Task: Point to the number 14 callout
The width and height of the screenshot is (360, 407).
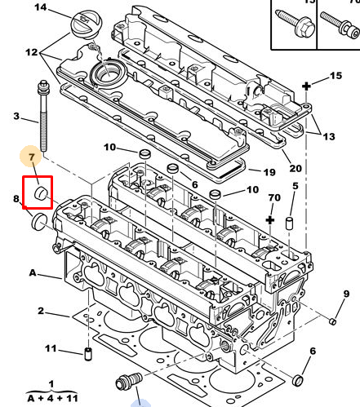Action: (x=41, y=7)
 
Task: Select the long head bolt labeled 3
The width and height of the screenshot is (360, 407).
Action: (x=43, y=116)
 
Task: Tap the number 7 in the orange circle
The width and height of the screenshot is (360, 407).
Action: (x=32, y=157)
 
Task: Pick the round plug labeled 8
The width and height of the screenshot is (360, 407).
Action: (x=39, y=222)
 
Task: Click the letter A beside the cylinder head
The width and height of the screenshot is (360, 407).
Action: (x=33, y=272)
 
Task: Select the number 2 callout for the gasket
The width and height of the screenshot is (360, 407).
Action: (x=41, y=311)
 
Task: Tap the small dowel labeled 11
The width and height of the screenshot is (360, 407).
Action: (x=88, y=354)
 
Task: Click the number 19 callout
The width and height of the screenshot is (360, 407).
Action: (x=269, y=172)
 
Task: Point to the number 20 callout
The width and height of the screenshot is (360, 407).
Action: (x=296, y=169)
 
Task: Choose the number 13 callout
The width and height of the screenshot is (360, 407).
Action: (x=329, y=136)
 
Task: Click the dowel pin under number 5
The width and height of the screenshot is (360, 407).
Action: (x=289, y=223)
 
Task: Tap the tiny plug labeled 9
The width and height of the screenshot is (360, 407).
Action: (x=332, y=321)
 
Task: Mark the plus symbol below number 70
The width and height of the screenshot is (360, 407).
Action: (x=270, y=220)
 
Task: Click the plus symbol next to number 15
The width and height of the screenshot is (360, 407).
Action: (x=306, y=86)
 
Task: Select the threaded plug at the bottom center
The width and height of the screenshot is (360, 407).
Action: (x=129, y=380)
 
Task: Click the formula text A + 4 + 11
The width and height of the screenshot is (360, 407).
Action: (x=52, y=398)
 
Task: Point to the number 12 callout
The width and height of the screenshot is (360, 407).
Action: (x=32, y=52)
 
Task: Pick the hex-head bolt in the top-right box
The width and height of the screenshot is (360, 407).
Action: (x=296, y=24)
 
